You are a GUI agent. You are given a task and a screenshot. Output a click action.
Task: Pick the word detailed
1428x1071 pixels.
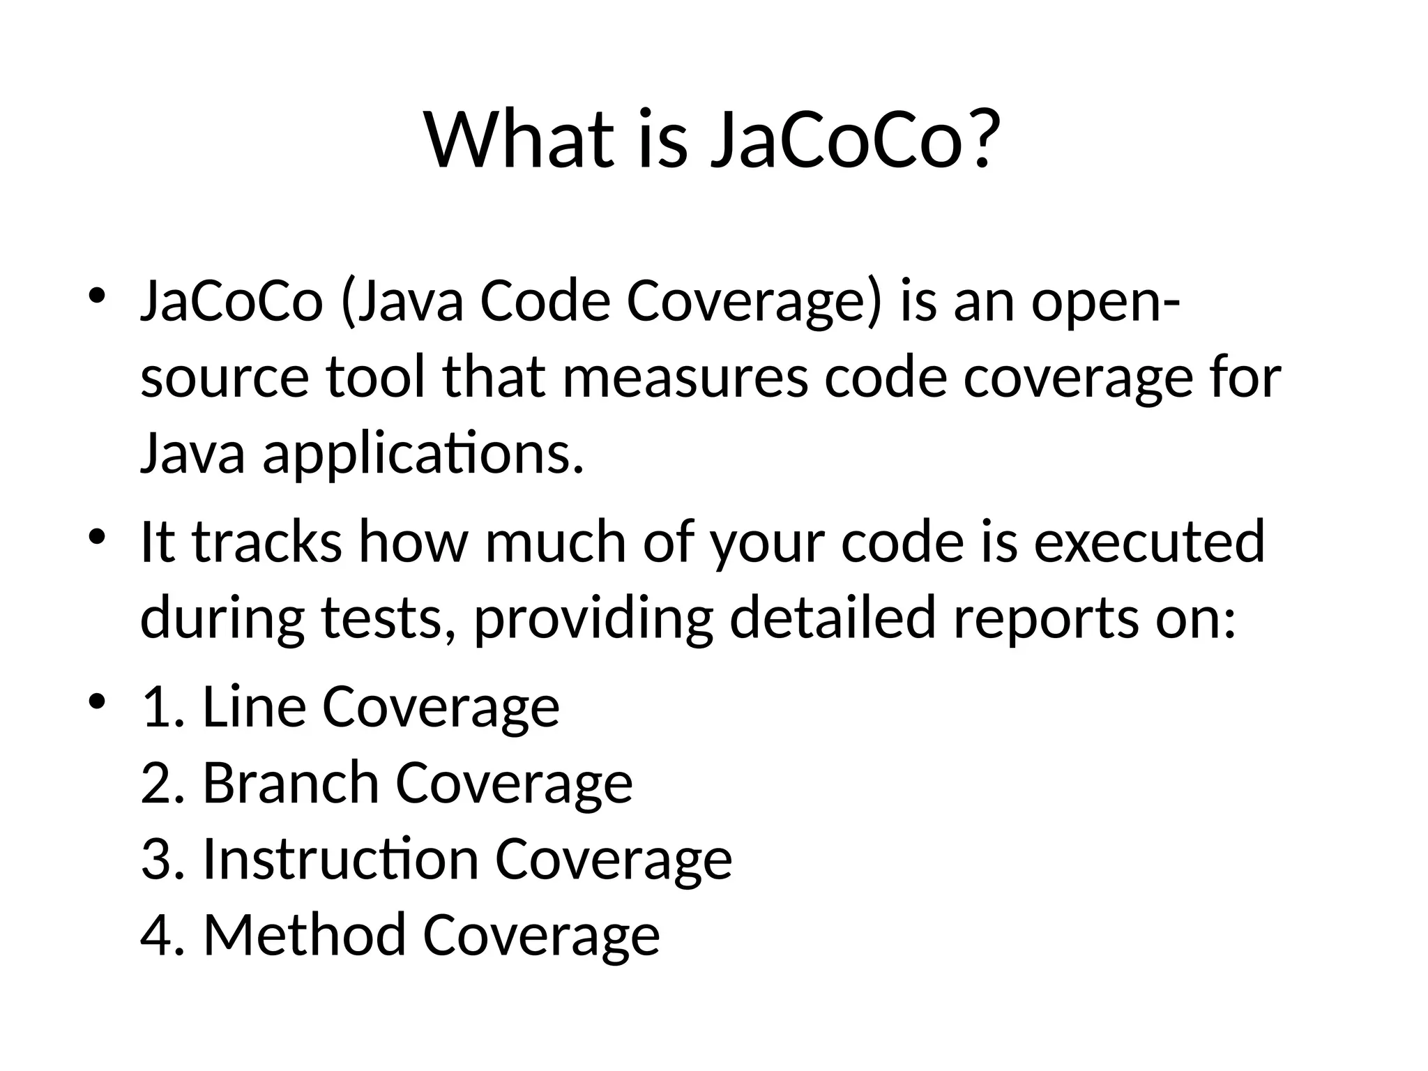(831, 618)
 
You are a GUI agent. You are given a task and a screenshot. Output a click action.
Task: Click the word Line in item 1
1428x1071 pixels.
(254, 707)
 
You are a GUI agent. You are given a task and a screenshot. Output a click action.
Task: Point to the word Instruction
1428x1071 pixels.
(340, 859)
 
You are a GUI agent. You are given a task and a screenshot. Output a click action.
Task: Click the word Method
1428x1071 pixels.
(304, 935)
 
